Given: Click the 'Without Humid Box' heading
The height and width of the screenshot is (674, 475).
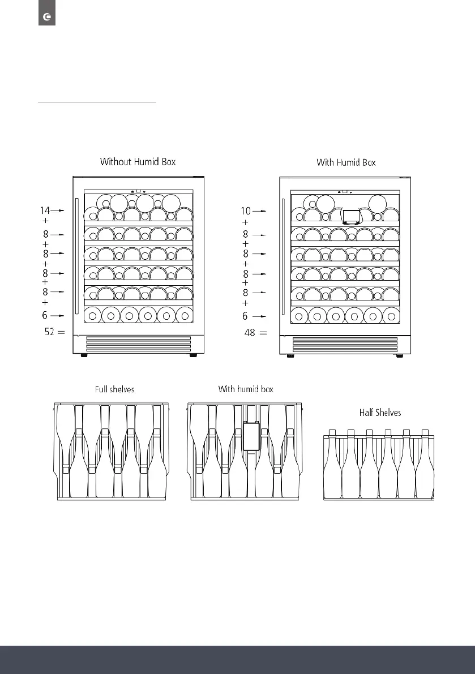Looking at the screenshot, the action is click(138, 162).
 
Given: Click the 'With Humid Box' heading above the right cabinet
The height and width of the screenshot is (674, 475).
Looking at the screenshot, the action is click(346, 162).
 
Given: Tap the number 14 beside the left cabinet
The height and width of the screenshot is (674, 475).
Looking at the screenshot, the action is click(44, 211).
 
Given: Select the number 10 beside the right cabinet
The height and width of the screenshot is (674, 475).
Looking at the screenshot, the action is click(246, 211).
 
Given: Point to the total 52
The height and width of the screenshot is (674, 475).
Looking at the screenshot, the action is click(50, 333).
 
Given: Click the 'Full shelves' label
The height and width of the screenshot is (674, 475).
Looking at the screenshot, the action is click(114, 389).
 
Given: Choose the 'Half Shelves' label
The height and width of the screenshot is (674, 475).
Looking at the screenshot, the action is click(380, 413).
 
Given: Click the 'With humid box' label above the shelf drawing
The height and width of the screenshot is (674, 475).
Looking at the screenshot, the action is click(246, 389).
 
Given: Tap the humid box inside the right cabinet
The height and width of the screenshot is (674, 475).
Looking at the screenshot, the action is click(351, 216).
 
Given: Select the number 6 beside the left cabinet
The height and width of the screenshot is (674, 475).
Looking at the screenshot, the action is click(44, 315).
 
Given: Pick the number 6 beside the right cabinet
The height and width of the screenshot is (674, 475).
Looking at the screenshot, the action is click(245, 316).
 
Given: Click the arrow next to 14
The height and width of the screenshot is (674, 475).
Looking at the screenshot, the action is click(58, 211).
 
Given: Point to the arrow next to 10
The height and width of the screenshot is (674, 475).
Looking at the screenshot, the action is click(259, 211).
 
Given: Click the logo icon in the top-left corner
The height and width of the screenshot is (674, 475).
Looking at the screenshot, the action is click(46, 18).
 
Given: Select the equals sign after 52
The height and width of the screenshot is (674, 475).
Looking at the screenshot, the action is click(62, 333).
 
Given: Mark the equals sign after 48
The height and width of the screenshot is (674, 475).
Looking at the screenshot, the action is click(263, 333).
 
